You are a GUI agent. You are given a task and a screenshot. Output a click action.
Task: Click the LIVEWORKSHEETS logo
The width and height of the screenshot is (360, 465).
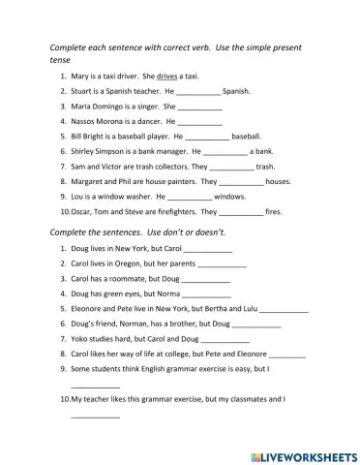(302, 452)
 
